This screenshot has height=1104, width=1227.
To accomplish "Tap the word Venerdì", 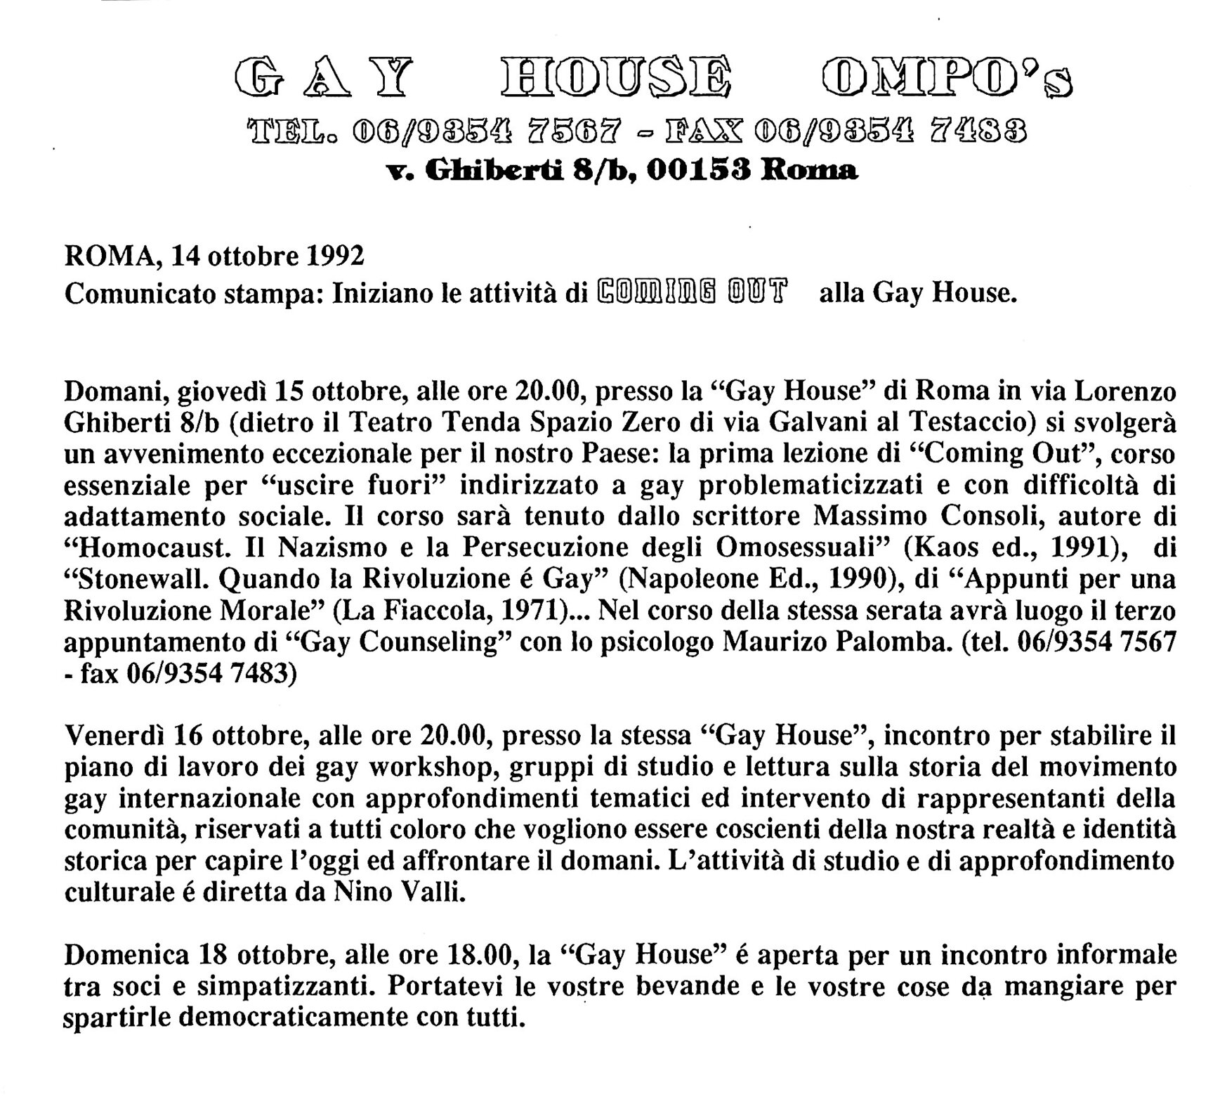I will (x=114, y=736).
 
